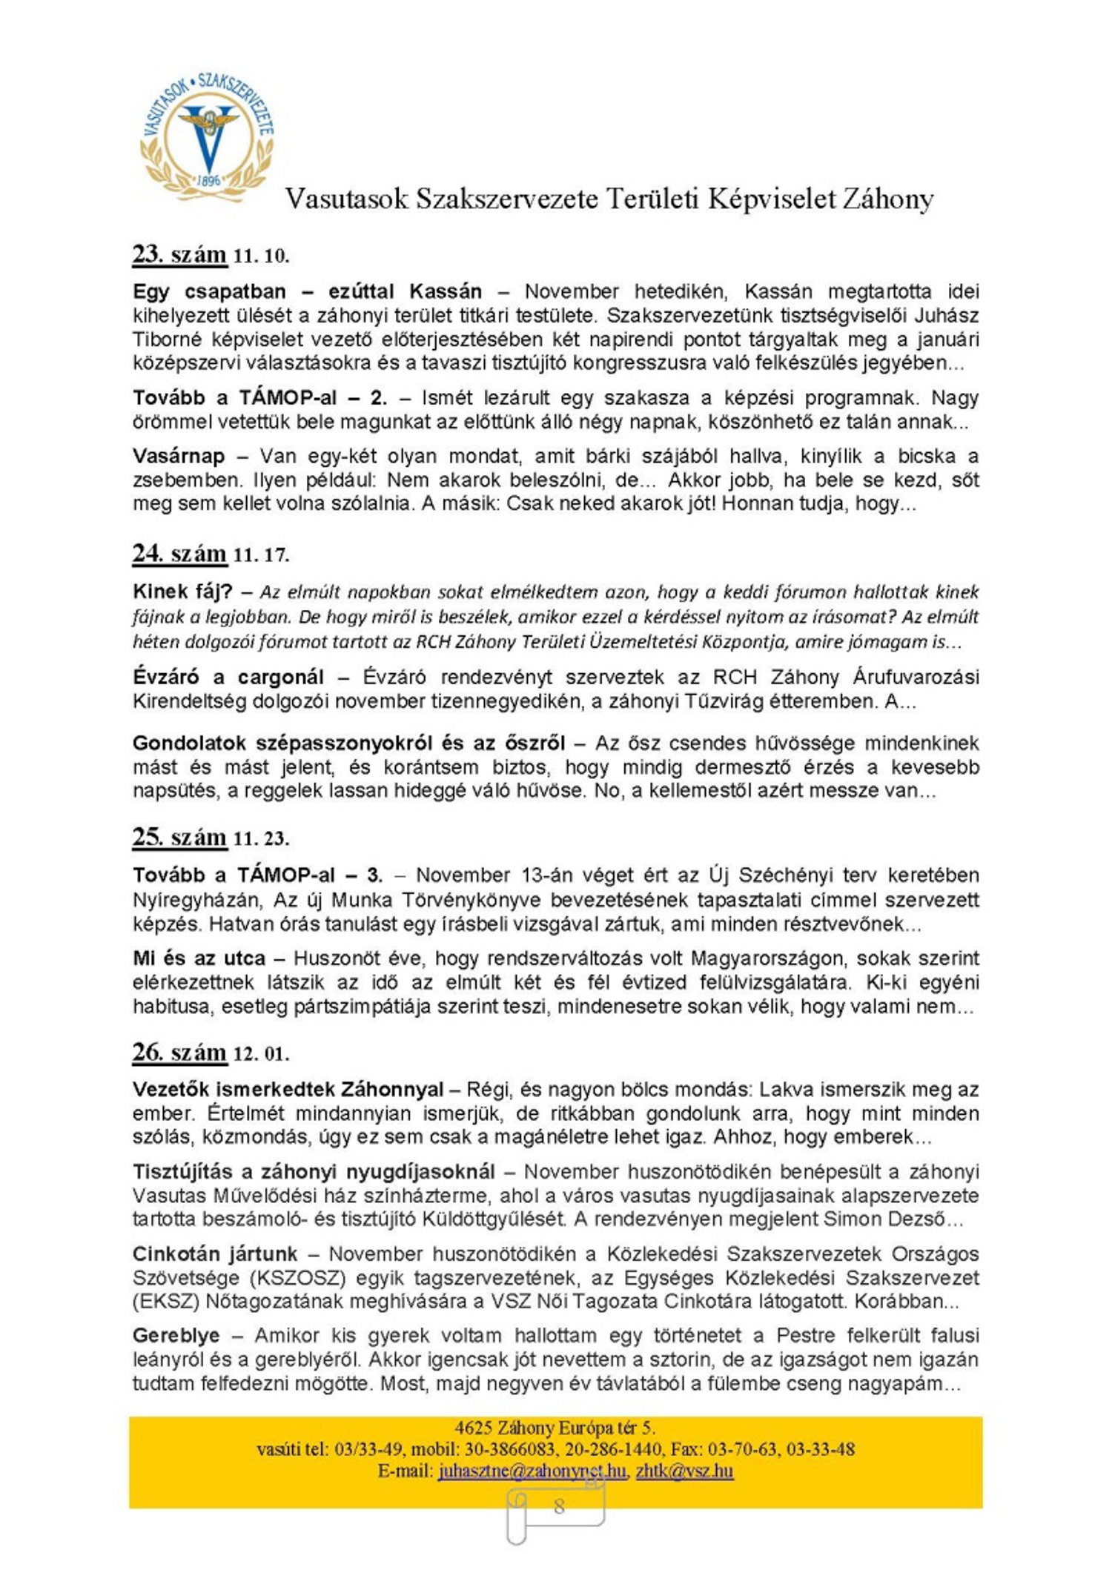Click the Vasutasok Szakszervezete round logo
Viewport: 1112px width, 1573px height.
point(207,138)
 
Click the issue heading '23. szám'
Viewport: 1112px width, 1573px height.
point(179,254)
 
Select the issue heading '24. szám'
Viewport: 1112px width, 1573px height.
point(179,554)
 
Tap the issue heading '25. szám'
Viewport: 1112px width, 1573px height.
point(179,837)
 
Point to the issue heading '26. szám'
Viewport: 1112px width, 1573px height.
point(179,1052)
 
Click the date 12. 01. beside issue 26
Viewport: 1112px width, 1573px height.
point(261,1054)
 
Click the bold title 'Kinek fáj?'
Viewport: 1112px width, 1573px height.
point(182,592)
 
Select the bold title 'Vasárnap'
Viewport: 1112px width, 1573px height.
point(178,456)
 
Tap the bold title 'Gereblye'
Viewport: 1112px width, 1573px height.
point(176,1335)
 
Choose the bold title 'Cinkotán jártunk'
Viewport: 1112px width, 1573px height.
point(215,1254)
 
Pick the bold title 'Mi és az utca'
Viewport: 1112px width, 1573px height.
point(199,958)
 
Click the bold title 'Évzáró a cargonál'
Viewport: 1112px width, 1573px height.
point(228,677)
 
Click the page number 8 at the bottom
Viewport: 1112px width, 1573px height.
point(559,1506)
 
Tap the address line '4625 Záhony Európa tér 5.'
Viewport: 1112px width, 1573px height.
point(555,1428)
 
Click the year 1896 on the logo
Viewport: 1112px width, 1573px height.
point(209,180)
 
